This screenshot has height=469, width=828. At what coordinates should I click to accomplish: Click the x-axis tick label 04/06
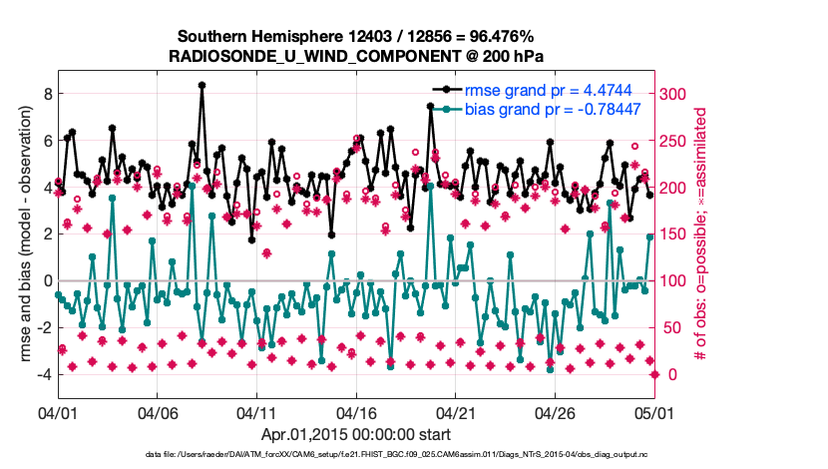click(x=157, y=412)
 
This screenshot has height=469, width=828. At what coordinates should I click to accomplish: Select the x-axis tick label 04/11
click(x=256, y=412)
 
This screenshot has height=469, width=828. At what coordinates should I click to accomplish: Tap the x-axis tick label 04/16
click(x=355, y=412)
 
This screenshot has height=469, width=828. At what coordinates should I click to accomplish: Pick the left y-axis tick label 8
click(x=45, y=94)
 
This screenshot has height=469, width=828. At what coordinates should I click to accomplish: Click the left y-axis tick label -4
click(x=42, y=374)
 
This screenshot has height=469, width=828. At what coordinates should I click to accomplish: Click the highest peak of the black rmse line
click(x=202, y=85)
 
